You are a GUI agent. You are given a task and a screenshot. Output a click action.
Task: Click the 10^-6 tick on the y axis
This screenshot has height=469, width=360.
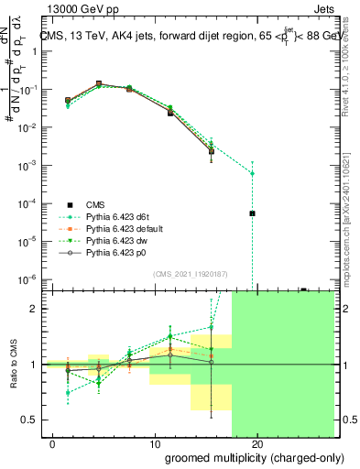pos(31,278)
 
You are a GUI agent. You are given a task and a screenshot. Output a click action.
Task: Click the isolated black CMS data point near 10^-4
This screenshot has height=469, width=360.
pos(252,213)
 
